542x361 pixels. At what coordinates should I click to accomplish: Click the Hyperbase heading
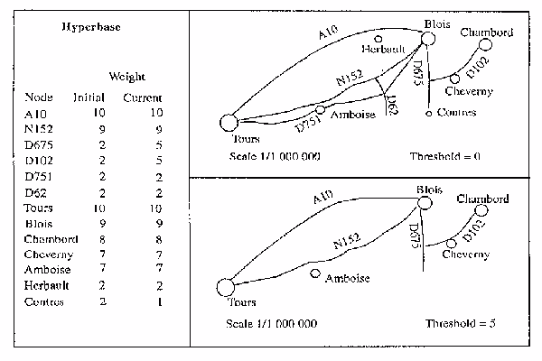[x=91, y=27]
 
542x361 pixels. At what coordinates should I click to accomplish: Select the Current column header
[x=143, y=97]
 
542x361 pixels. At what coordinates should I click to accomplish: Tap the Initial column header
[x=89, y=97]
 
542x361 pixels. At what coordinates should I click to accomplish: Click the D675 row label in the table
[x=38, y=144]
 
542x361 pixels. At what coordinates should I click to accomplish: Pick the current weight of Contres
[x=160, y=302]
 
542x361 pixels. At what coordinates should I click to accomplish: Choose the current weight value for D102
[x=159, y=161]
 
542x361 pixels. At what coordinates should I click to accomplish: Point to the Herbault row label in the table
[x=46, y=285]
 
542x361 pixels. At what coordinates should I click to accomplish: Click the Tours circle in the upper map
[x=229, y=123]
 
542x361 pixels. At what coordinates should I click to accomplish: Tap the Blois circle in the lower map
[x=425, y=203]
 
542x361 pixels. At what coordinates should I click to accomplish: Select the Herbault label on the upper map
[x=383, y=49]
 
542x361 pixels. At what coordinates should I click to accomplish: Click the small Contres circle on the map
[x=428, y=114]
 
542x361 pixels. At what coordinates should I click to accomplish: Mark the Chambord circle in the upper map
[x=485, y=44]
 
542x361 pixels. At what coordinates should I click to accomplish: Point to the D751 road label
[x=308, y=124]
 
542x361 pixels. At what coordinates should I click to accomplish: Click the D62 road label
[x=393, y=105]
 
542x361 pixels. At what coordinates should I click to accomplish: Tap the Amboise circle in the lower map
[x=315, y=273]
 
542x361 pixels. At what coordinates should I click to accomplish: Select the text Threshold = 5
[x=461, y=323]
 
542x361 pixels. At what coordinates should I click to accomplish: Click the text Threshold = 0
[x=445, y=156]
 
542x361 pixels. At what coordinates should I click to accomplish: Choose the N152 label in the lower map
[x=347, y=241]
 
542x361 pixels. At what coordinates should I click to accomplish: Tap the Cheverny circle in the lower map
[x=451, y=244]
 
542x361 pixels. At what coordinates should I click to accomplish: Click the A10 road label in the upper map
[x=328, y=32]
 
